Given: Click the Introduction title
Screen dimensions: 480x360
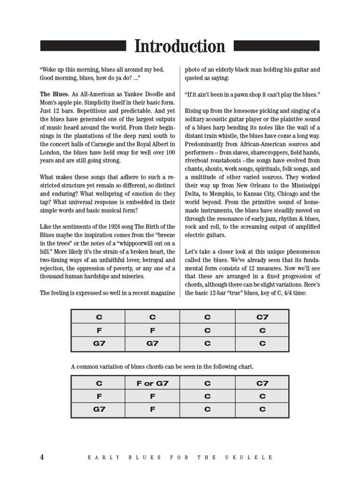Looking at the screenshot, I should [x=180, y=46].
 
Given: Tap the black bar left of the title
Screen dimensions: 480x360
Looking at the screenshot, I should [x=83, y=45].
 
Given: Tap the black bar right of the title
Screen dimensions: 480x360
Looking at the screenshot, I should [x=276, y=45].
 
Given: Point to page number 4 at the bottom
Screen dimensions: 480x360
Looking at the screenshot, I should [x=42, y=457].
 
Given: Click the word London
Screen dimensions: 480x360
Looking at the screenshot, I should [x=51, y=152].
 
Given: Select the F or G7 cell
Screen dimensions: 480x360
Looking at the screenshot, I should [x=152, y=383].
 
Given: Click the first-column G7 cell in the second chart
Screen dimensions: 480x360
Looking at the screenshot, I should [x=98, y=409].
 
